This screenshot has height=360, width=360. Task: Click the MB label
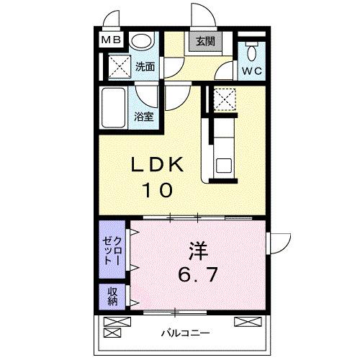(x=110, y=41)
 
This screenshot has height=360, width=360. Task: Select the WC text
(x=251, y=71)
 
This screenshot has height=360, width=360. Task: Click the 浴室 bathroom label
(x=143, y=116)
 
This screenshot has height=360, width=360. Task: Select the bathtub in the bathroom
(x=115, y=107)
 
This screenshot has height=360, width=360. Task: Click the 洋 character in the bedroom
(x=198, y=251)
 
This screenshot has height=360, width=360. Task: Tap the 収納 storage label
(x=113, y=297)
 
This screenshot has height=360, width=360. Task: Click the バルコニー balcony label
(x=186, y=334)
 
